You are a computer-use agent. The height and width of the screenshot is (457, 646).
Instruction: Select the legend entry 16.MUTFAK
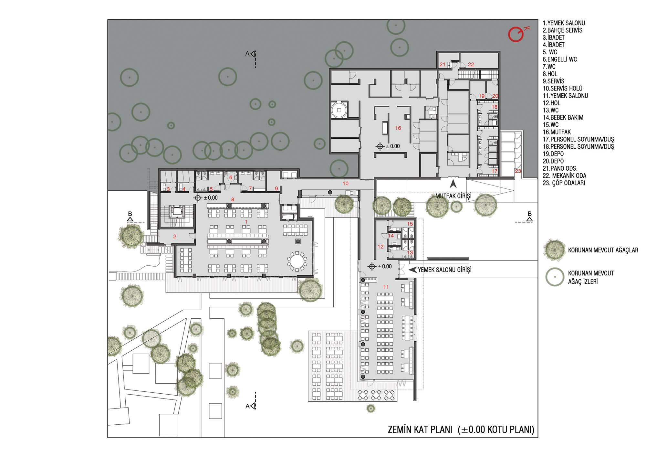tap(557, 132)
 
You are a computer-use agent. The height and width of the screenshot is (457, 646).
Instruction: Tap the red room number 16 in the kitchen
tap(398, 128)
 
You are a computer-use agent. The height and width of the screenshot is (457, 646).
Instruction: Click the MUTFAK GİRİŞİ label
tap(453, 196)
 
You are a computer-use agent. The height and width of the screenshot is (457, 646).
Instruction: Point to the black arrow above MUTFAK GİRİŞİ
tap(453, 184)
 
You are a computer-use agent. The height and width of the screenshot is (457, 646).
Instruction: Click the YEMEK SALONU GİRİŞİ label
tap(444, 270)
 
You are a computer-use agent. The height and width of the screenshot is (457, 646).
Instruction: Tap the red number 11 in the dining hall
tap(385, 287)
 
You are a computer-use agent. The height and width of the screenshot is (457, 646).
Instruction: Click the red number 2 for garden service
tap(175, 237)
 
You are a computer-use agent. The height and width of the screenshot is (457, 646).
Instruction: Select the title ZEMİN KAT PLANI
tap(420, 430)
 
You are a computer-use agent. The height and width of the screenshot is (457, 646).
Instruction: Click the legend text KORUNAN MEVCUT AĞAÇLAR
tap(603, 250)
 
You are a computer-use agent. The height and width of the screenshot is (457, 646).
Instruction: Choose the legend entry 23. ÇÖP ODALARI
tap(564, 183)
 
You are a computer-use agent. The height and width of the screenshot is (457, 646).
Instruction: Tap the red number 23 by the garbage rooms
tap(518, 171)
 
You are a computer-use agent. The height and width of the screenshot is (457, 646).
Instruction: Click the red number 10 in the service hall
tap(346, 184)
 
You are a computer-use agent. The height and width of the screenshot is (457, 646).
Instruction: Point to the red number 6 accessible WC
tap(231, 177)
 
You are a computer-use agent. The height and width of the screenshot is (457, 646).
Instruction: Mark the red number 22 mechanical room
tap(471, 65)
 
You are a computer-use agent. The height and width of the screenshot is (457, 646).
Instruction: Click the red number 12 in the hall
tap(380, 247)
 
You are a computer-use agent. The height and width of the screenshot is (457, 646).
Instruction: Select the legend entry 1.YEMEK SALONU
tap(564, 23)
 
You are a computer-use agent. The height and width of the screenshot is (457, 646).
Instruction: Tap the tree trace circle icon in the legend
tap(555, 277)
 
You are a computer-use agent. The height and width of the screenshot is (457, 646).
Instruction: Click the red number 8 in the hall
tap(233, 199)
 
